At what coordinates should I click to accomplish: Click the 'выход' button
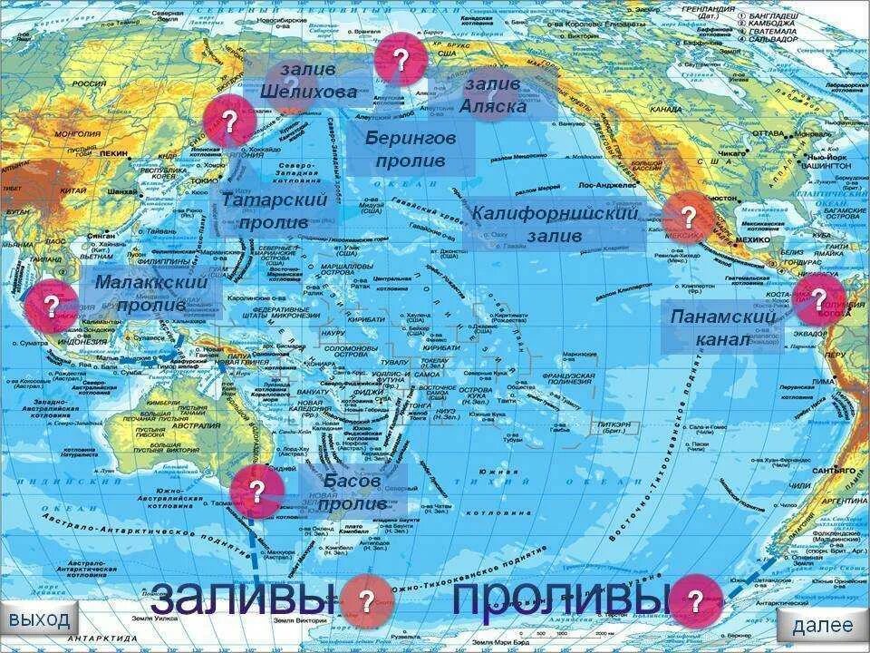[40, 621]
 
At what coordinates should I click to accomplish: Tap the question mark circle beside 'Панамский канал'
[817, 300]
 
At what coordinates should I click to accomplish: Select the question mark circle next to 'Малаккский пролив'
[51, 306]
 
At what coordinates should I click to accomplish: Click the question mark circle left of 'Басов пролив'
[256, 492]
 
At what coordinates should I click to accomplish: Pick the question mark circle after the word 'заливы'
[366, 600]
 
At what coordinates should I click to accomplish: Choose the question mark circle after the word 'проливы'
[695, 600]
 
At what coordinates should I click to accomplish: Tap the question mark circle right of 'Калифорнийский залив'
[688, 218]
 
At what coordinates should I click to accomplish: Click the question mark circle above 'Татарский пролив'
[229, 122]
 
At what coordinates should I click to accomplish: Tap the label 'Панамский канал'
[722, 327]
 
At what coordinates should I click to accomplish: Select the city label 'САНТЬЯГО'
[833, 472]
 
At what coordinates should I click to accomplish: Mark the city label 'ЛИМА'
[823, 382]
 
